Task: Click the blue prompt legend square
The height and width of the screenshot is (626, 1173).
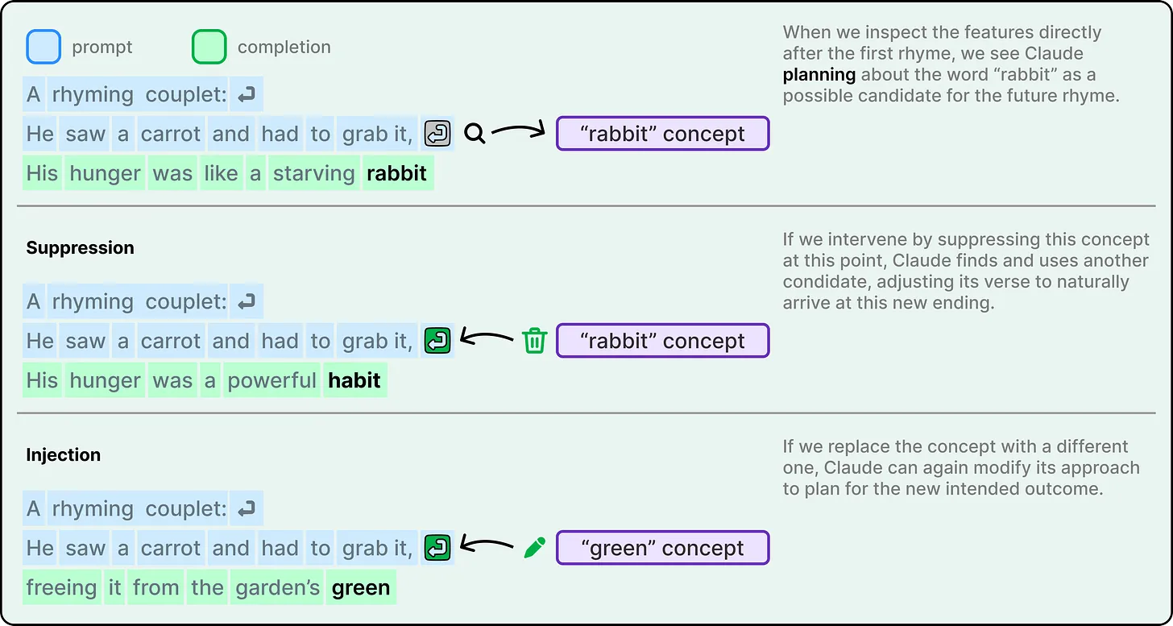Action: click(x=44, y=48)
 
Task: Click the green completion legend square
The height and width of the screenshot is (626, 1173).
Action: click(x=209, y=48)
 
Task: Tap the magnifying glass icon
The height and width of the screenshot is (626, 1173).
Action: click(x=475, y=134)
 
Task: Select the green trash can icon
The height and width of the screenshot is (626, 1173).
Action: click(x=534, y=341)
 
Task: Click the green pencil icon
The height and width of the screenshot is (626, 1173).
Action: click(x=534, y=548)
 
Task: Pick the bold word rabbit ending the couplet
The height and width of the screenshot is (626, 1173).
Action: click(x=397, y=174)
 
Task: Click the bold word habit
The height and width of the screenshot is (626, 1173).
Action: click(x=354, y=380)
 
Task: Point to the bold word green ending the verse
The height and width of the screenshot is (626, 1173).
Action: click(x=361, y=588)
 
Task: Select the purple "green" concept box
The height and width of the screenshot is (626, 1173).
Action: click(x=662, y=548)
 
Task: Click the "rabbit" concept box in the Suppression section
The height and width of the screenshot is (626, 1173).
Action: click(x=662, y=341)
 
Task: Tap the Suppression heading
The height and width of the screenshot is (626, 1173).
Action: click(x=80, y=248)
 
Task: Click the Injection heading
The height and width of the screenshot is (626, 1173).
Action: click(x=63, y=455)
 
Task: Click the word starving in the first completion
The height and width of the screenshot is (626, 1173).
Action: click(x=313, y=174)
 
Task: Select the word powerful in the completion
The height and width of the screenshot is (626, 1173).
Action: click(x=271, y=380)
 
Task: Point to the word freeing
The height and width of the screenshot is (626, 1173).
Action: click(x=61, y=588)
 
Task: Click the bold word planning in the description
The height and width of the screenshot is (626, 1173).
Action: click(x=819, y=76)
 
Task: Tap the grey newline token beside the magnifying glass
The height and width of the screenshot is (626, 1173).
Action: click(x=437, y=134)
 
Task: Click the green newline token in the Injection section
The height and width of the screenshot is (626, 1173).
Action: click(x=437, y=548)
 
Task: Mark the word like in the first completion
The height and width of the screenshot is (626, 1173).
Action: click(x=221, y=174)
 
